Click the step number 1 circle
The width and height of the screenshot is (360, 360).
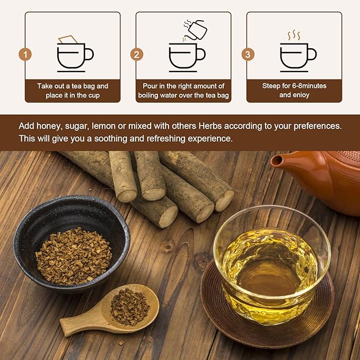coord(24,55)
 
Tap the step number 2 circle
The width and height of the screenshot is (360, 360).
coord(137,55)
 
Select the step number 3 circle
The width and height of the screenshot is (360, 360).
coord(248,55)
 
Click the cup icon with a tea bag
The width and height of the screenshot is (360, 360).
coord(74,54)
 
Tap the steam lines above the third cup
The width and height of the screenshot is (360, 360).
coord(294,36)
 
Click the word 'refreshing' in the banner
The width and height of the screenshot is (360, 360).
coord(153,139)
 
